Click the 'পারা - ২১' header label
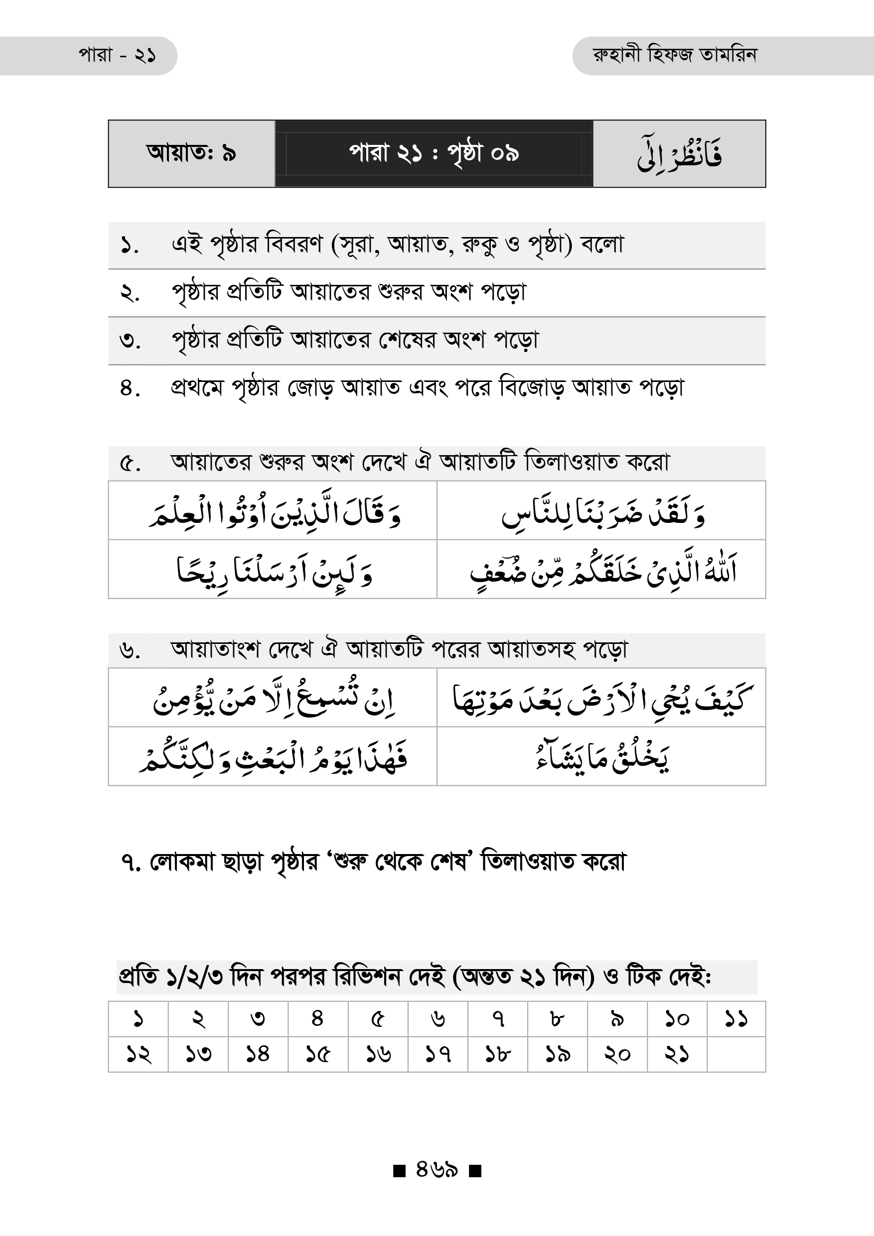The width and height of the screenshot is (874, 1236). pyautogui.click(x=118, y=55)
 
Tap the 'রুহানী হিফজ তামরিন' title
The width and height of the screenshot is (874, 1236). pyautogui.click(x=675, y=55)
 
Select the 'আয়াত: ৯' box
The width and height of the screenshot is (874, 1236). pyautogui.click(x=191, y=153)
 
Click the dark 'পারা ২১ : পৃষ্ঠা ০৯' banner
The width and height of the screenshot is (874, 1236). pyautogui.click(x=434, y=153)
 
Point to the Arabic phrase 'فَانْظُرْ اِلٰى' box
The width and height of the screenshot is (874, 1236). pyautogui.click(x=679, y=154)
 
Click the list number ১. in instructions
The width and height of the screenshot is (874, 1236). pyautogui.click(x=130, y=246)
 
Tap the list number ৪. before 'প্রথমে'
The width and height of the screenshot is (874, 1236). pyautogui.click(x=130, y=388)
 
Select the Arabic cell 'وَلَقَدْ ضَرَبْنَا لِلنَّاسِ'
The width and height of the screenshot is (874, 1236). pyautogui.click(x=601, y=511)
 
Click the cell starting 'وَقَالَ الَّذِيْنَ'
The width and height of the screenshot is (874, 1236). pyautogui.click(x=273, y=511)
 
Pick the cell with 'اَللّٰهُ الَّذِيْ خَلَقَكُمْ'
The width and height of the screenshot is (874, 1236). pyautogui.click(x=601, y=570)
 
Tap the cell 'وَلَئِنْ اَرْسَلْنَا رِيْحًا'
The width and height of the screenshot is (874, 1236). pyautogui.click(x=273, y=570)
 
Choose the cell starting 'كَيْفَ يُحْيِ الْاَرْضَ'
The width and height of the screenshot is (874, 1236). pyautogui.click(x=601, y=698)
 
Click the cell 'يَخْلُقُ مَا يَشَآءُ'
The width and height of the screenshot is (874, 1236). pyautogui.click(x=601, y=756)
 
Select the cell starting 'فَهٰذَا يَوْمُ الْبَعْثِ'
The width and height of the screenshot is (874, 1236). pyautogui.click(x=273, y=756)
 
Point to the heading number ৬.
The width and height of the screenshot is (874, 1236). pyautogui.click(x=130, y=650)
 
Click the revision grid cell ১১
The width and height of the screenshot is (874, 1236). pyautogui.click(x=735, y=1019)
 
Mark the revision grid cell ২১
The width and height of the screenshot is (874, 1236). pyautogui.click(x=676, y=1054)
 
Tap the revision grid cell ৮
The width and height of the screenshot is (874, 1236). pyautogui.click(x=557, y=1019)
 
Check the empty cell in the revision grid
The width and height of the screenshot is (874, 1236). pyautogui.click(x=735, y=1054)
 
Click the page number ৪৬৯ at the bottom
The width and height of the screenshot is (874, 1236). pyautogui.click(x=437, y=1184)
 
